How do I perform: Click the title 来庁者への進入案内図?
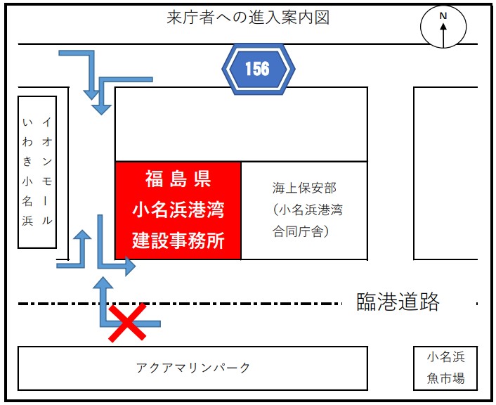248,18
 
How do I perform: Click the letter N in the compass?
443,16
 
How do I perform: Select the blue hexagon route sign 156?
257,68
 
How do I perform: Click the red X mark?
127,323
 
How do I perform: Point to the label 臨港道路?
398,302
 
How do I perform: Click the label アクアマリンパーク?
193,368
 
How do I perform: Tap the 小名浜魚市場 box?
446,368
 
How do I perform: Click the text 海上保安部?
304,188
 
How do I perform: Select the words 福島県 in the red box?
178,179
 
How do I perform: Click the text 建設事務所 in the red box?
178,240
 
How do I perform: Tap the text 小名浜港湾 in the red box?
178,210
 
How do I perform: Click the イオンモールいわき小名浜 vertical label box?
37,172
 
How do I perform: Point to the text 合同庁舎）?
300,231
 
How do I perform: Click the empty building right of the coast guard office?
445,173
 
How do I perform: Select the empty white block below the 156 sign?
241,124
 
